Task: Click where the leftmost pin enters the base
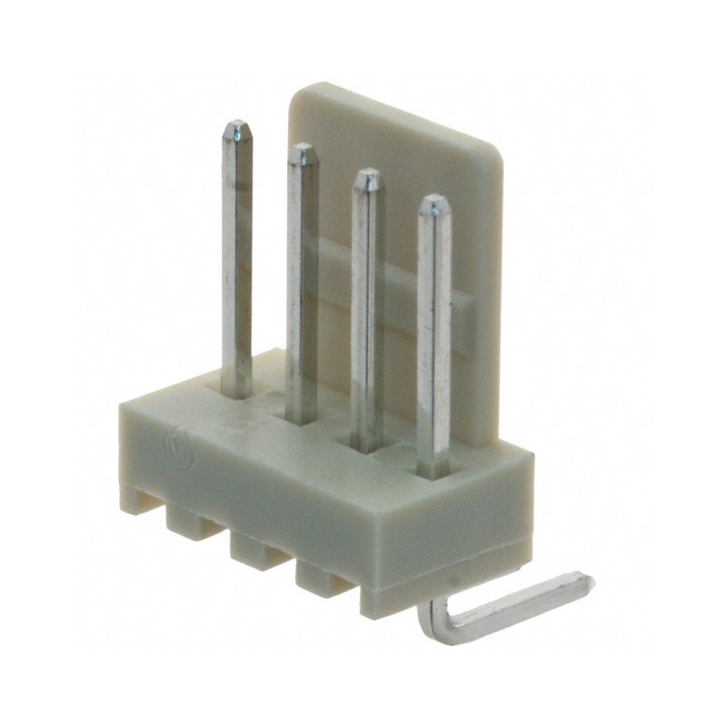pos(238,393)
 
